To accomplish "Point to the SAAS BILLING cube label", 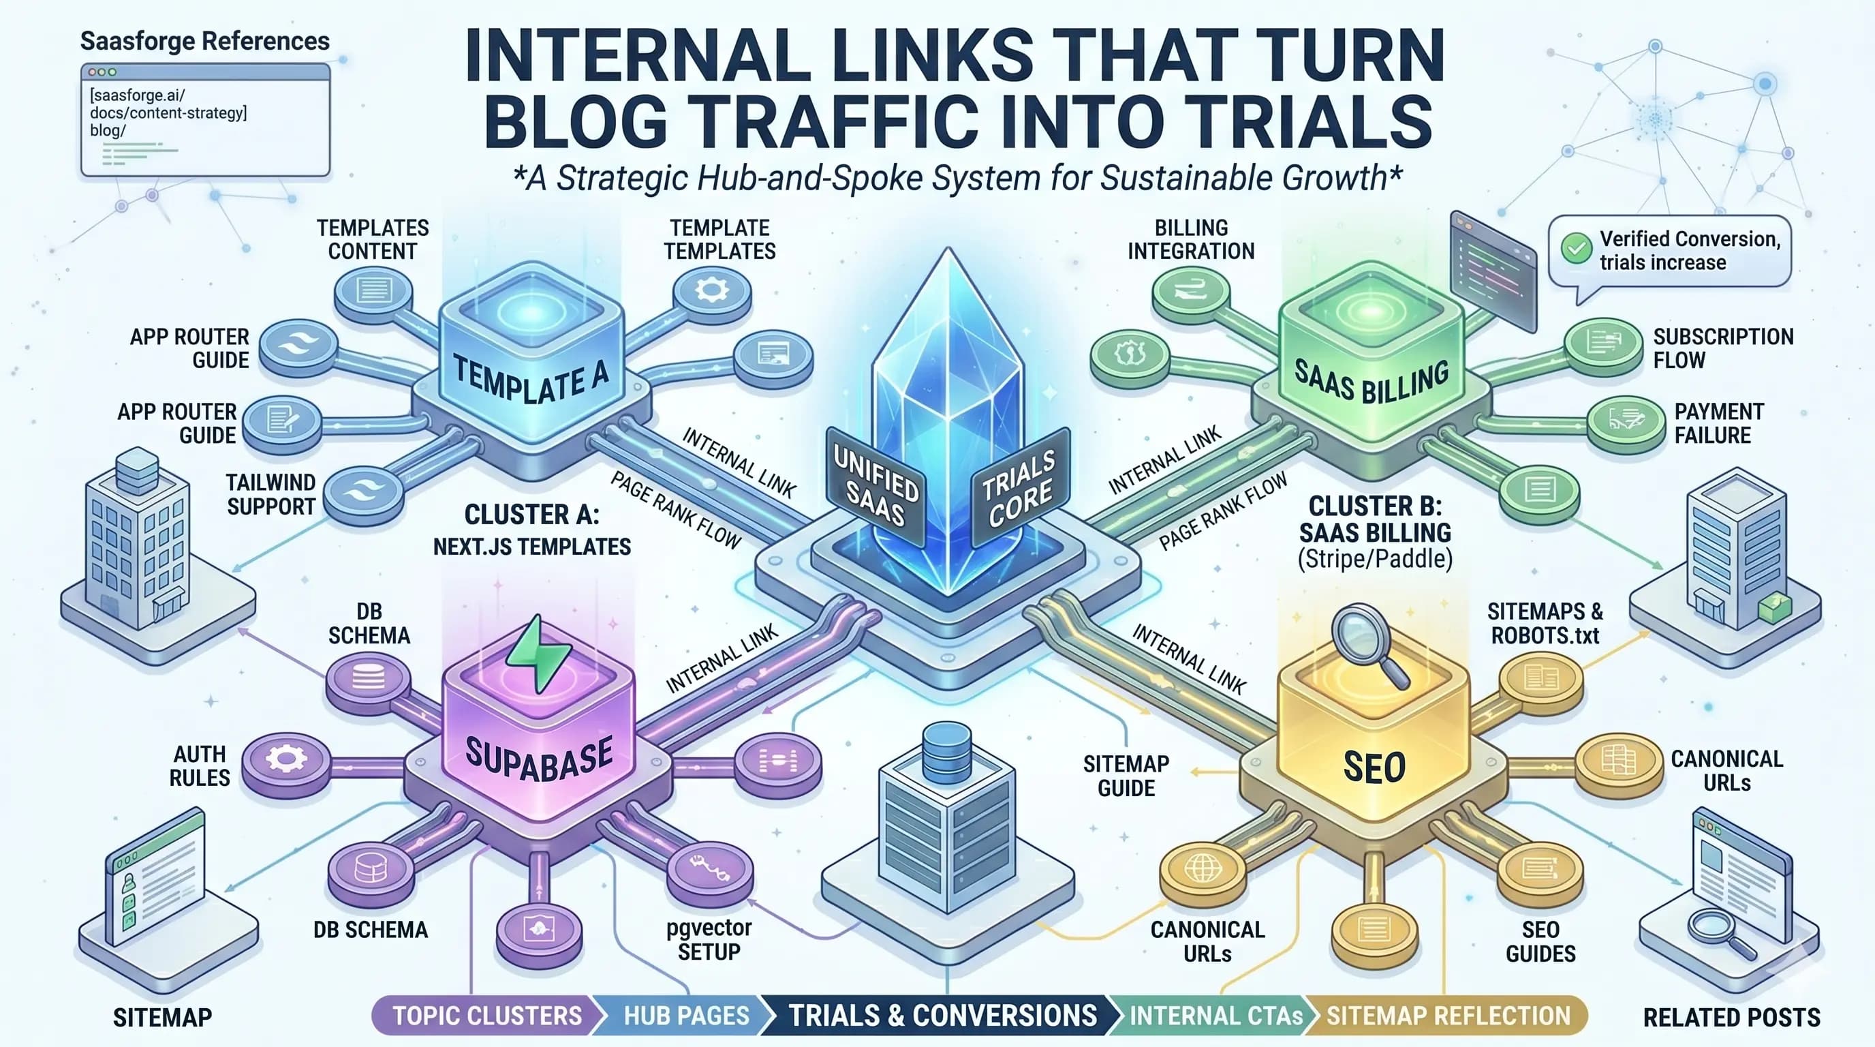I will click(x=1372, y=381).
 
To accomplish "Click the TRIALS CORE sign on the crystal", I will click(x=1019, y=489).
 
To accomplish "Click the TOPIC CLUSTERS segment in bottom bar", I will click(x=486, y=1016).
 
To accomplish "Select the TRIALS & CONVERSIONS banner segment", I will click(x=942, y=1016).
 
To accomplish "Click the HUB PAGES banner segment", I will click(x=685, y=1016).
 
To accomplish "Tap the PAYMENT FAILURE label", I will click(x=1718, y=423).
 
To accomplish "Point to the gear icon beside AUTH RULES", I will click(x=285, y=759).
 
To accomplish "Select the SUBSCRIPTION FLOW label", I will click(x=1722, y=348).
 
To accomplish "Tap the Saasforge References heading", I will click(x=204, y=41).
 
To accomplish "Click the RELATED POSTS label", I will click(x=1731, y=1017).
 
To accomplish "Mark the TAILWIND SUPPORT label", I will click(x=270, y=494).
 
